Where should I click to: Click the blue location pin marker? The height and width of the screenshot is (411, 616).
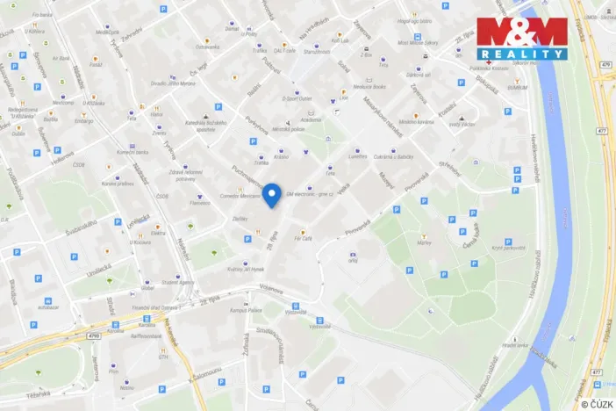pos(272,194)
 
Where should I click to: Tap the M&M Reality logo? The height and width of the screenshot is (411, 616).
pos(522,38)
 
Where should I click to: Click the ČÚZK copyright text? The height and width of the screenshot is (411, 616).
pos(597,403)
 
